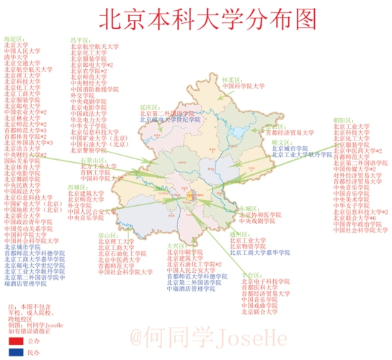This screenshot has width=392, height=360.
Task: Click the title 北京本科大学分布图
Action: pos(195,16)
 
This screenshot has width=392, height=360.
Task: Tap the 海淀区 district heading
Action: pos(14,37)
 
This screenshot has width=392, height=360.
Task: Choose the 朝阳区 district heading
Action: pos(342,120)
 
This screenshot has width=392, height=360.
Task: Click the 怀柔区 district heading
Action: pos(231,80)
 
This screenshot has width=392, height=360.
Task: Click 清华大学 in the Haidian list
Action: pos(16,56)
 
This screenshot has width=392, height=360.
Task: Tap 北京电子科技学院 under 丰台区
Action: pos(263,282)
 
